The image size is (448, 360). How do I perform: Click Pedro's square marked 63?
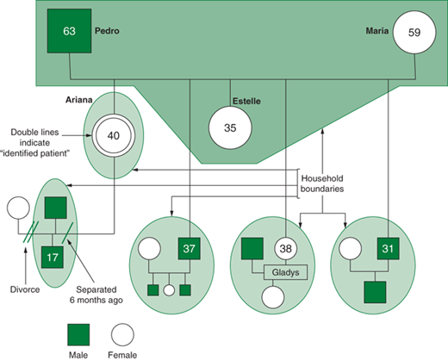pos(70,31)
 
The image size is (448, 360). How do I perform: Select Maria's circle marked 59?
pos(414,32)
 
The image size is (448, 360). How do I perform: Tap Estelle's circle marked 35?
pos(230,127)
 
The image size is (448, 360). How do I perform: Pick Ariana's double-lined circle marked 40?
pos(114,135)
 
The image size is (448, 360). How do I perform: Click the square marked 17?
pos(53,258)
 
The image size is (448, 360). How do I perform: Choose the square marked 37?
pos(190,249)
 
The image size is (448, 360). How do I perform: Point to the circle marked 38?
pos(286,249)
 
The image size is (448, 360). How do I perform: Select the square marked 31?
pos(388,249)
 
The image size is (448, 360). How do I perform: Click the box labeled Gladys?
pos(285,272)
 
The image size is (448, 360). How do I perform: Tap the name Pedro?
pos(107,31)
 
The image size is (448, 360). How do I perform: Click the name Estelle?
pos(246,101)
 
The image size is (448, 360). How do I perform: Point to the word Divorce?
pos(25,289)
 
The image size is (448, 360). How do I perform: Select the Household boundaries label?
pos(322,183)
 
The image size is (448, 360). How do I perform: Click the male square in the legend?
pos(78,335)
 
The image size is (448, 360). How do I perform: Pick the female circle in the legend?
pos(122,335)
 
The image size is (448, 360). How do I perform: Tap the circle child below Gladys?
pos(273,297)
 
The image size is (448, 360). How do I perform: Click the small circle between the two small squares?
pos(169,290)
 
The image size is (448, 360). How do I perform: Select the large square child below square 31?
pos(375,292)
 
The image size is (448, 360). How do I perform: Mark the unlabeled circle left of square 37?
pos(149,249)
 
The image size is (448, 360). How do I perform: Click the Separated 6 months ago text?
pos(96,295)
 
